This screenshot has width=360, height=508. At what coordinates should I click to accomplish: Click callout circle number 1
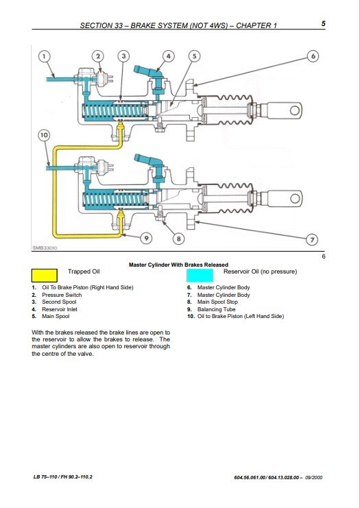(x=45, y=56)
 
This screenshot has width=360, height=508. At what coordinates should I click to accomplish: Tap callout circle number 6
(x=313, y=56)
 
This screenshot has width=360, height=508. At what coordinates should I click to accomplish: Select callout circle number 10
(x=45, y=135)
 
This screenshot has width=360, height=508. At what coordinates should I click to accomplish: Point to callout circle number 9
(x=147, y=239)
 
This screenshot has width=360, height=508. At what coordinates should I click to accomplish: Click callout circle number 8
(x=178, y=239)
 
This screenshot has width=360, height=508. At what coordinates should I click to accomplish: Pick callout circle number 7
(x=312, y=240)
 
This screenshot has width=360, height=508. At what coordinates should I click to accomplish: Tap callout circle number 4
(x=168, y=56)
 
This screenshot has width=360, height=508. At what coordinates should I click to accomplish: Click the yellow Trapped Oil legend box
(x=45, y=276)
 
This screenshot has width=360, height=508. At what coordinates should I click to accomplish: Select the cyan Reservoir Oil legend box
(x=200, y=276)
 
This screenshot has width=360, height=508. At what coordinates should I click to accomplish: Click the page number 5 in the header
(x=324, y=23)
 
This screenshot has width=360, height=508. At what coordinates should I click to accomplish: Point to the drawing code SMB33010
(x=45, y=248)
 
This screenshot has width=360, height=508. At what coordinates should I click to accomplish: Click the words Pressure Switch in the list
(x=62, y=295)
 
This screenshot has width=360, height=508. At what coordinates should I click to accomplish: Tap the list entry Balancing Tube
(x=217, y=309)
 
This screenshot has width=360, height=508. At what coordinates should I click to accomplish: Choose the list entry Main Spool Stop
(x=218, y=302)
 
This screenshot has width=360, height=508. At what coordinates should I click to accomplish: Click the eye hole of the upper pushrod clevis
(x=295, y=111)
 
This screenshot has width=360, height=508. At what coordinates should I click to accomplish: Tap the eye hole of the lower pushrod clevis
(x=295, y=198)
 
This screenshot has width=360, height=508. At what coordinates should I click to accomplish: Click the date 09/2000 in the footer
(x=313, y=478)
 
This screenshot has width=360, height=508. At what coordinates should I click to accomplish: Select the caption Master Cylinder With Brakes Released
(x=178, y=265)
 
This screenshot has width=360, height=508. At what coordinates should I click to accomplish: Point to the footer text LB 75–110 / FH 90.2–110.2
(x=63, y=477)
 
